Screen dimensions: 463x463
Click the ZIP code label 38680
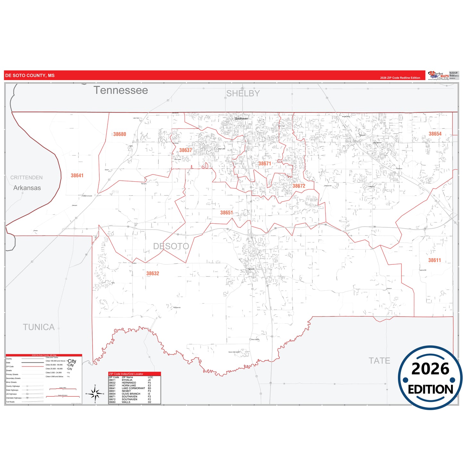120,134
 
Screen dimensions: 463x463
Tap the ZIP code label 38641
77,176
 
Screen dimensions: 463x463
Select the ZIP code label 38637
186,150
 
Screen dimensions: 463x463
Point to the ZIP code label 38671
265,164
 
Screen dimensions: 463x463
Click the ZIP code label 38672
299,186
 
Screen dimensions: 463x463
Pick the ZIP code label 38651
227,213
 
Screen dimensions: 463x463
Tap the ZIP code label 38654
435,134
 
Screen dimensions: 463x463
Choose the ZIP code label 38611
434,260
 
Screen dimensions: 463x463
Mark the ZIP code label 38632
153,273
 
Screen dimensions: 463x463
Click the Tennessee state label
121,90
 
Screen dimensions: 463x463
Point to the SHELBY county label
243,94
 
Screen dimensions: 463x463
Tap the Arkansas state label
27,188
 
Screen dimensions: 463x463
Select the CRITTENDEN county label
26,178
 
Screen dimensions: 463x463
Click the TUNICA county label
39,327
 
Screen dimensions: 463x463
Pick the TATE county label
379,361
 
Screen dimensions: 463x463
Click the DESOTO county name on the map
171,246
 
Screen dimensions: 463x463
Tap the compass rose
95,394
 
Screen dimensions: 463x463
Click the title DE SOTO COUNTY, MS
30,76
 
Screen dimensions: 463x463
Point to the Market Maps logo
438,76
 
